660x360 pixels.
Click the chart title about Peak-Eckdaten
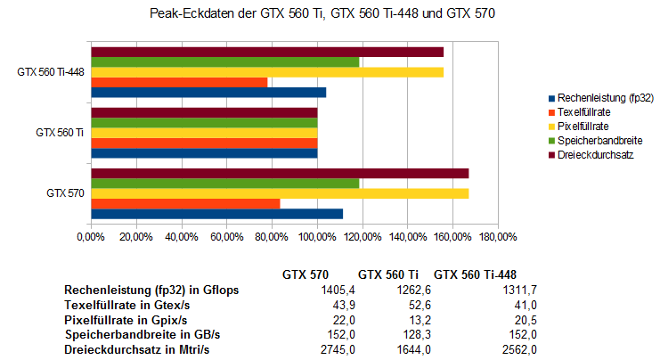330,14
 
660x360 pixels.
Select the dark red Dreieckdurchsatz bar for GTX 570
280,173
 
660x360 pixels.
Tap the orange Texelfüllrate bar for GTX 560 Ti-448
179,82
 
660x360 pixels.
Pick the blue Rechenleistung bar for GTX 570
216,214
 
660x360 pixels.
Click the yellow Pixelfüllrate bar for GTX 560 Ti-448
267,72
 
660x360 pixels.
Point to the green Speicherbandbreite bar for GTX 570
225,184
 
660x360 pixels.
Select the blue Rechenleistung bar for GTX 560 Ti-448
208,93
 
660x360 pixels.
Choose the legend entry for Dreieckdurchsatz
593,155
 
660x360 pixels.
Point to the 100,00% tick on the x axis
317,236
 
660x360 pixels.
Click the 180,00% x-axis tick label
498,236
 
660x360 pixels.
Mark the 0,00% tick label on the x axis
91,236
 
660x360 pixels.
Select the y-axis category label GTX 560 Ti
60,132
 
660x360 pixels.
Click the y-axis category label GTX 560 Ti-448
51,72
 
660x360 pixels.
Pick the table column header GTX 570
306,274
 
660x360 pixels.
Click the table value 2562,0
519,349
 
